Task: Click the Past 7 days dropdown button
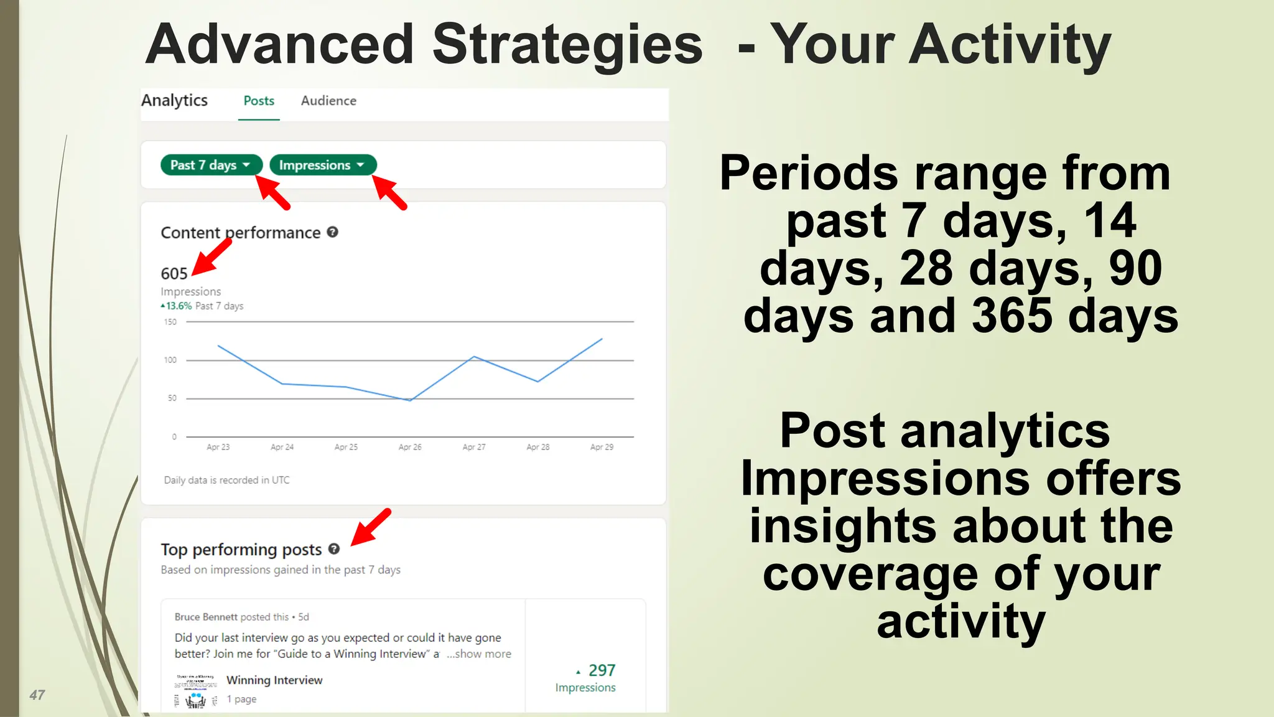click(x=210, y=165)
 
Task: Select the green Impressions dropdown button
click(x=322, y=165)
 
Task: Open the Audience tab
click(x=328, y=101)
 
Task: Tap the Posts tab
click(x=259, y=101)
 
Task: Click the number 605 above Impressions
click(x=174, y=274)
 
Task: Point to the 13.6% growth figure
click(x=179, y=306)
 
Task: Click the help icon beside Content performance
click(x=333, y=232)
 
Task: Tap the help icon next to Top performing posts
click(x=334, y=549)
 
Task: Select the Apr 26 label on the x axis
click(x=410, y=447)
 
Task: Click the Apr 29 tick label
click(x=602, y=447)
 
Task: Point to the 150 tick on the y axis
click(x=170, y=322)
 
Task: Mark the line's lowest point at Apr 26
click(x=410, y=400)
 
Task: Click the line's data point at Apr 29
click(x=602, y=339)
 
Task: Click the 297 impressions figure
click(x=602, y=670)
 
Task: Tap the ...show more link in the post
click(x=479, y=654)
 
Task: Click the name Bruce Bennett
click(x=206, y=617)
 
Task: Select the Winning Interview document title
click(x=274, y=680)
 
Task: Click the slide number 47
click(x=37, y=695)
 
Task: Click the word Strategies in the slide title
click(x=567, y=44)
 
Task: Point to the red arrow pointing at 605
click(x=212, y=257)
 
